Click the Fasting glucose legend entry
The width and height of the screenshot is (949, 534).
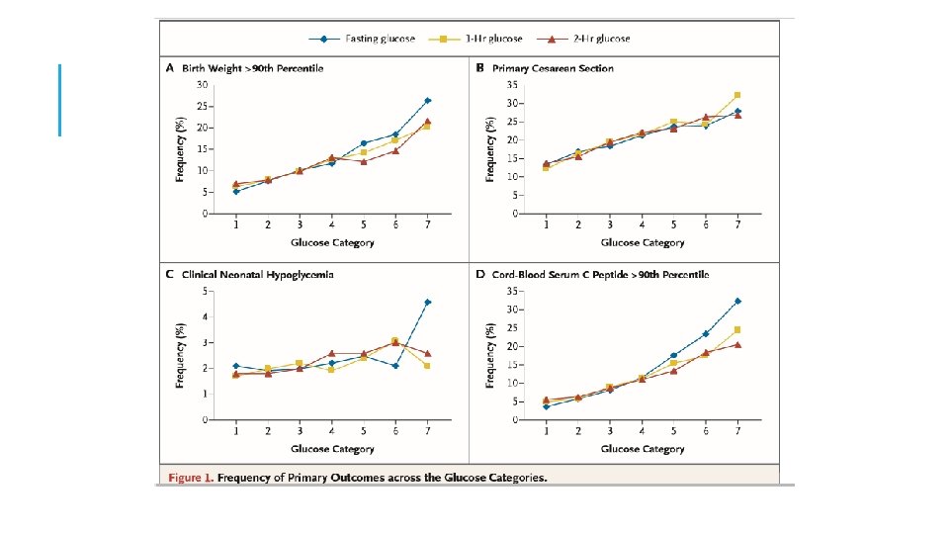pyautogui.click(x=365, y=39)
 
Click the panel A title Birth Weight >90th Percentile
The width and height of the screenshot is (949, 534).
pyautogui.click(x=252, y=68)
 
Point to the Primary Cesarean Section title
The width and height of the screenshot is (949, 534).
pyautogui.click(x=559, y=68)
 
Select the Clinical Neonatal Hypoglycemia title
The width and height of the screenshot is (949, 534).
pyautogui.click(x=257, y=274)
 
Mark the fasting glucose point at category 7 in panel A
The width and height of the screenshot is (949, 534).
pyautogui.click(x=427, y=101)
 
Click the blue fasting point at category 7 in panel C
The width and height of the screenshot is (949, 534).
pyautogui.click(x=427, y=302)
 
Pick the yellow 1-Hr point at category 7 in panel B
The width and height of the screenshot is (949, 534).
pyautogui.click(x=737, y=95)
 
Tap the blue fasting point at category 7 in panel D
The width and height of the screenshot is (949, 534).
pyautogui.click(x=737, y=301)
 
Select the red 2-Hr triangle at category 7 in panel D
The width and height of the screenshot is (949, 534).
pyautogui.click(x=737, y=344)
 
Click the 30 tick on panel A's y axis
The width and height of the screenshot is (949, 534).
pyautogui.click(x=202, y=85)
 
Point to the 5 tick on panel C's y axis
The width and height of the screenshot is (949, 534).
pyautogui.click(x=205, y=291)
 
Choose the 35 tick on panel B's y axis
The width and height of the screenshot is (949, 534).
pyautogui.click(x=513, y=85)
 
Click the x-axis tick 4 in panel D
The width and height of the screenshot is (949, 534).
pyautogui.click(x=642, y=431)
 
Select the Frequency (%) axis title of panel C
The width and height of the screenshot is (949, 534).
pyautogui.click(x=180, y=355)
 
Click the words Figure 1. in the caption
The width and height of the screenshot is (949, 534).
pyautogui.click(x=190, y=478)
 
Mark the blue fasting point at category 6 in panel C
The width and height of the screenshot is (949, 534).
pyautogui.click(x=395, y=366)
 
